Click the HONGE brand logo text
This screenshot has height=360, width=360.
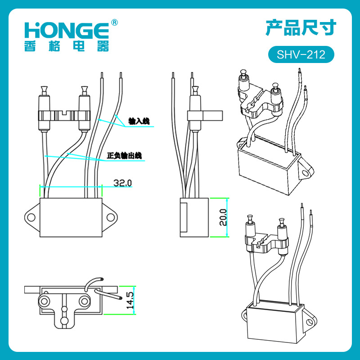point(67,30)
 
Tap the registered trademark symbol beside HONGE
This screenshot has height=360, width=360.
point(114,23)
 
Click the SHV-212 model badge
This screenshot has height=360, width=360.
point(301,54)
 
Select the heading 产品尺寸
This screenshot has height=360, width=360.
point(301,28)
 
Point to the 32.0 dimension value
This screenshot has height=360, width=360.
point(122,183)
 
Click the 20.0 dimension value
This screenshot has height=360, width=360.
point(223,217)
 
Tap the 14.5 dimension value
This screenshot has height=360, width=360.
point(130,300)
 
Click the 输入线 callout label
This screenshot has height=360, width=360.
point(139,121)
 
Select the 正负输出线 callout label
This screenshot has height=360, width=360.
point(124,155)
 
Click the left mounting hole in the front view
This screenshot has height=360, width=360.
point(31,217)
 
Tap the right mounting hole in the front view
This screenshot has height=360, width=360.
point(111,217)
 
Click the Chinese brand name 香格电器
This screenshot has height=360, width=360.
point(67,46)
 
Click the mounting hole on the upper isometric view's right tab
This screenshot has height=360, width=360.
point(305,173)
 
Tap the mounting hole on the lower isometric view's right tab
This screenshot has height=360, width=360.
point(310,322)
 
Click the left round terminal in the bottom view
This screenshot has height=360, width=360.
point(44,301)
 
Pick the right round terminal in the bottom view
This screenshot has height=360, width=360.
point(84,301)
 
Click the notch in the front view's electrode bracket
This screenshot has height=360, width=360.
point(64,112)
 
